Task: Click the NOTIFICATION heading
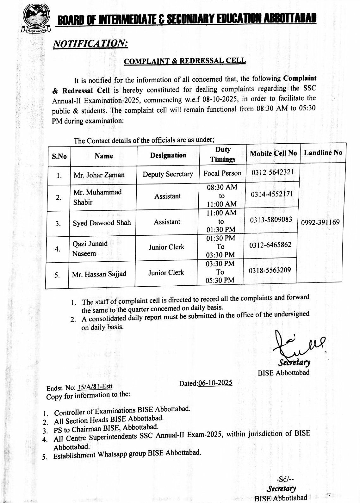click(x=90, y=44)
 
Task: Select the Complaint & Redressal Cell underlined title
click(x=185, y=61)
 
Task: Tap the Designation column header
click(x=168, y=155)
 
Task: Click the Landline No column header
click(x=323, y=152)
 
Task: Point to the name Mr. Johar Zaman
click(x=99, y=175)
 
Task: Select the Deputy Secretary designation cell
click(x=168, y=174)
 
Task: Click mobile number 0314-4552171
click(x=272, y=194)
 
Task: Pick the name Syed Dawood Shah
click(x=102, y=223)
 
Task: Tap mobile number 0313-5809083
click(x=271, y=220)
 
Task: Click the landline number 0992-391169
click(x=320, y=222)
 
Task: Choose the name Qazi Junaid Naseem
click(x=90, y=248)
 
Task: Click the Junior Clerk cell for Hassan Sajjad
click(x=166, y=272)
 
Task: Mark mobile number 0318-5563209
click(x=270, y=270)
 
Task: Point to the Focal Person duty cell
click(x=222, y=173)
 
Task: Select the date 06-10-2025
click(x=215, y=383)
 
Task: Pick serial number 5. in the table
click(x=57, y=275)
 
